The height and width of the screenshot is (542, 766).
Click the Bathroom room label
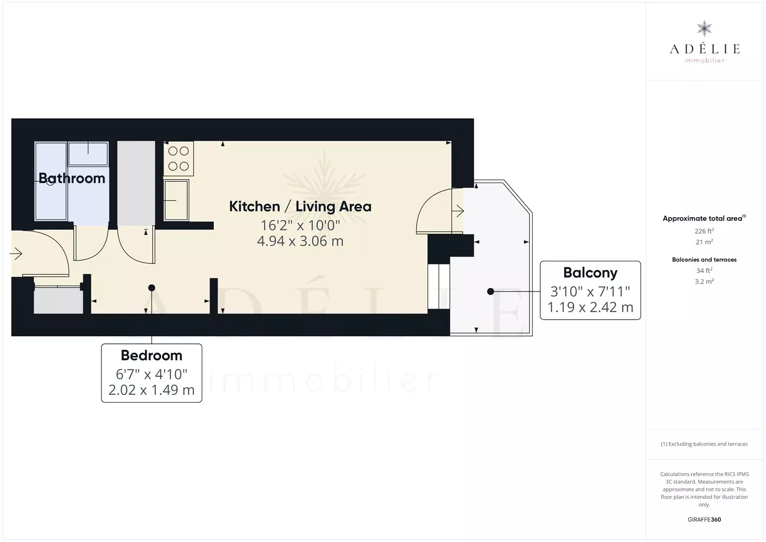click(72, 178)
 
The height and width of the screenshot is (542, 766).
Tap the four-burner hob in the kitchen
click(179, 159)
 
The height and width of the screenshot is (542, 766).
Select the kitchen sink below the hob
click(176, 200)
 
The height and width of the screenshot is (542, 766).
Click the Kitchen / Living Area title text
click(300, 207)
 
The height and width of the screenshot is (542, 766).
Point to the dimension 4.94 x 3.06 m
click(300, 241)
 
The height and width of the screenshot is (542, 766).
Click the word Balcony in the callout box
click(590, 273)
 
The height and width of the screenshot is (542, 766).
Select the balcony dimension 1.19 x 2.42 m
click(590, 307)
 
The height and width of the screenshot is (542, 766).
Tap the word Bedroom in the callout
click(152, 355)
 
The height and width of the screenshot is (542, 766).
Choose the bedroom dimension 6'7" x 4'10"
click(152, 374)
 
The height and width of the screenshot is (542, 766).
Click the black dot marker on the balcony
click(490, 292)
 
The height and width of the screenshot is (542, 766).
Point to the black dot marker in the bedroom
click(152, 288)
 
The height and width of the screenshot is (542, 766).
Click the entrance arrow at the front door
click(16, 254)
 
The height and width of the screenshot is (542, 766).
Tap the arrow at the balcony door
click(458, 211)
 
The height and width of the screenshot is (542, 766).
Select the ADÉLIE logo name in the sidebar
click(704, 49)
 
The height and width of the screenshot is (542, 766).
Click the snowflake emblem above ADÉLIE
click(704, 29)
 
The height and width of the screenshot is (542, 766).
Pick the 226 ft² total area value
click(704, 231)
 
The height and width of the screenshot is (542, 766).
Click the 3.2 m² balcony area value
click(704, 282)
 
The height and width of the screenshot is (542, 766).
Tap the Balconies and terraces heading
click(704, 259)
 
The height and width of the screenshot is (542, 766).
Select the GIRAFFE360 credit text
click(704, 519)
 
